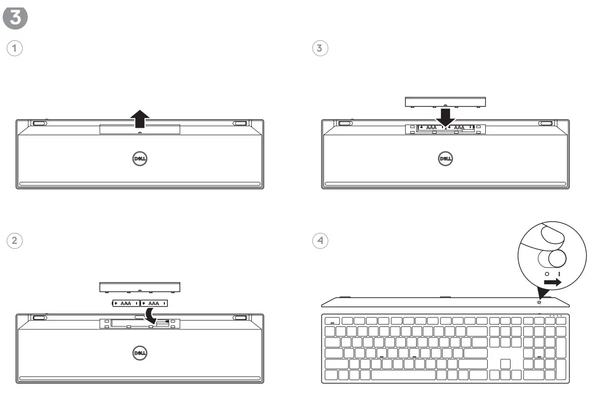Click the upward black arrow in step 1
click(140, 119)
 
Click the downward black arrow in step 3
click(445, 116)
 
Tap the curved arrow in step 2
click(152, 314)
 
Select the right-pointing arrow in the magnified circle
click(552, 282)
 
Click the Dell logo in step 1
click(140, 159)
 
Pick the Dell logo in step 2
click(140, 352)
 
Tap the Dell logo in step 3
click(445, 159)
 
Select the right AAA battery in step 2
click(154, 303)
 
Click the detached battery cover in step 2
click(140, 287)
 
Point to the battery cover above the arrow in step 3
click(445, 101)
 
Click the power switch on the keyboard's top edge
click(539, 303)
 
